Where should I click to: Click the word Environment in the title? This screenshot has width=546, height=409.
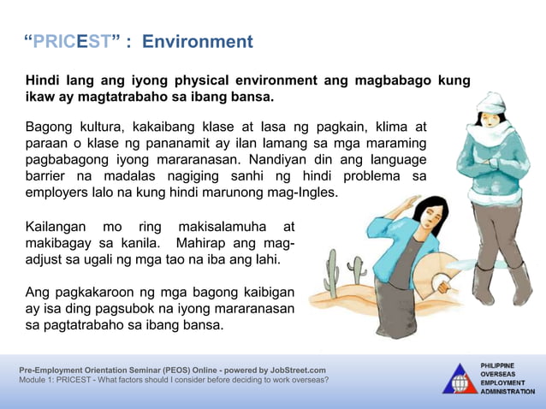click(x=198, y=42)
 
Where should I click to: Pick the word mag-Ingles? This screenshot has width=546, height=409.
click(x=303, y=193)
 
